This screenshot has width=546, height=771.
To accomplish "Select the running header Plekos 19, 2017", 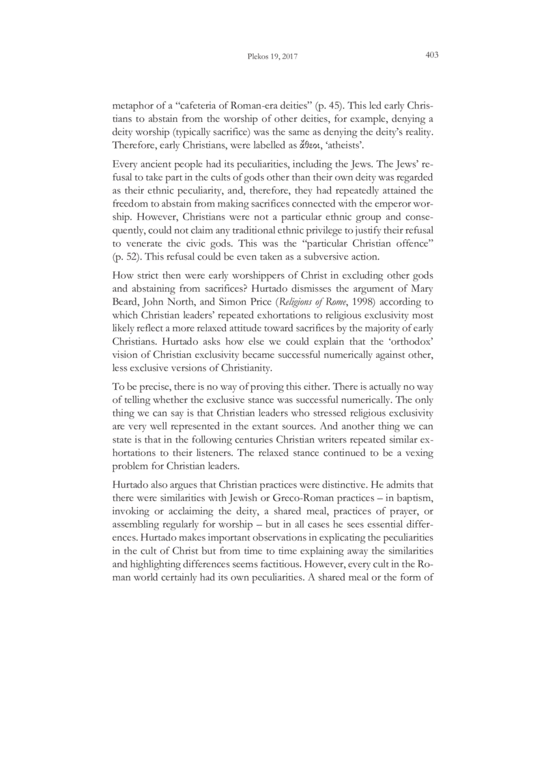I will [x=273, y=57].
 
